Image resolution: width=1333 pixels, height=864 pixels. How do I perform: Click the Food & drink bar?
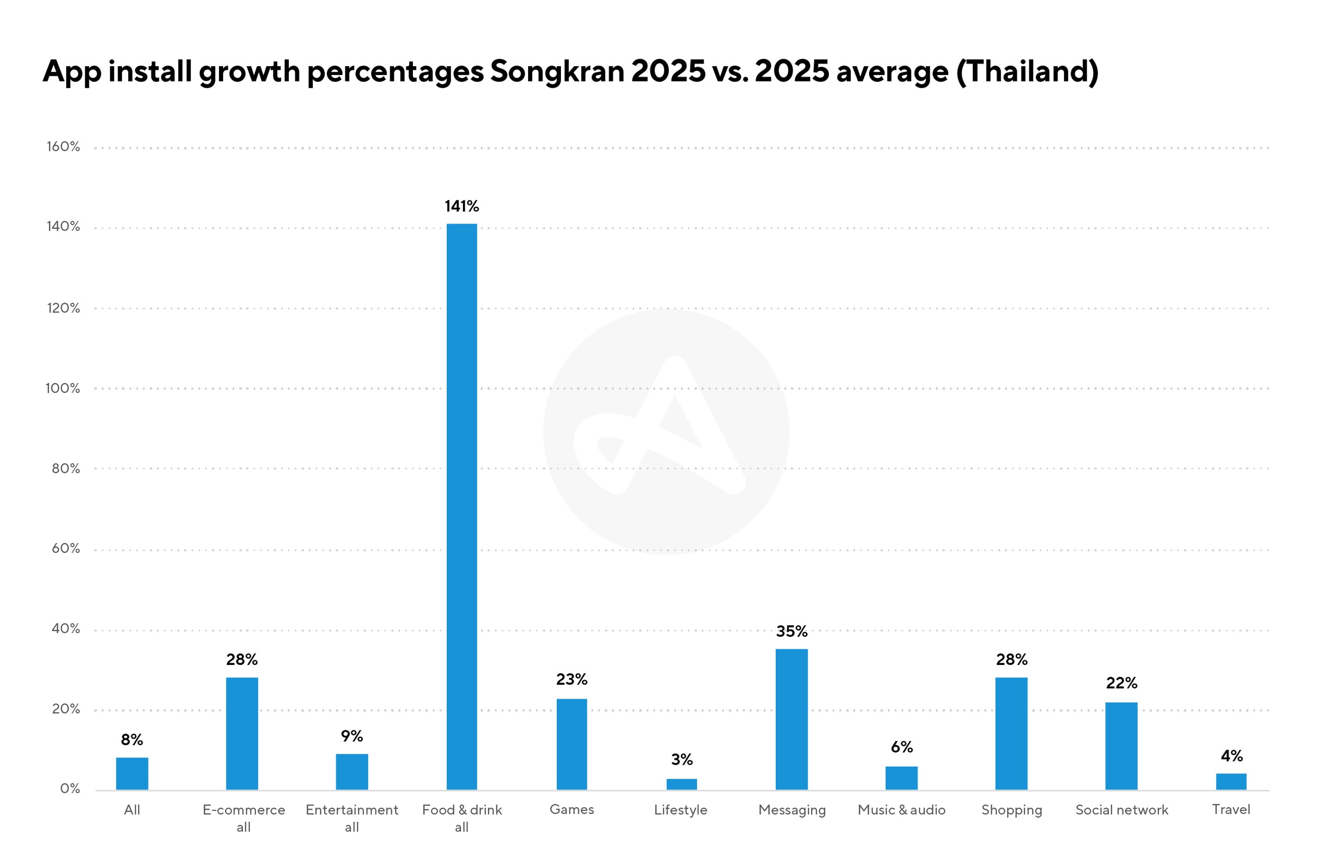(461, 507)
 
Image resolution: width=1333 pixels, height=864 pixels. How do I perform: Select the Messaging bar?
(791, 719)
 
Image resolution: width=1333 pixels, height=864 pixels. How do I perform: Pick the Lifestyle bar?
(682, 784)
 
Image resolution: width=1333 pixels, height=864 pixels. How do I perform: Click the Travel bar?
(1231, 781)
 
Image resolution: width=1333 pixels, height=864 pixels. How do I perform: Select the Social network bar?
(1121, 746)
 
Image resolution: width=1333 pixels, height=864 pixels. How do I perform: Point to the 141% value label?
(461, 206)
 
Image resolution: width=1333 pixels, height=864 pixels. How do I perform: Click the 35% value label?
(791, 632)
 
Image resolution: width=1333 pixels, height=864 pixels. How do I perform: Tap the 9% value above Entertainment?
(352, 736)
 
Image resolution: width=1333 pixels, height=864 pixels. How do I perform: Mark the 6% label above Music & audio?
(902, 747)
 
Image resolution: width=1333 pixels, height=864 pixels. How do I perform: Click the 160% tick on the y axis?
(63, 147)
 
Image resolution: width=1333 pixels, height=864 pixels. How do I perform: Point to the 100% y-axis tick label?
(63, 389)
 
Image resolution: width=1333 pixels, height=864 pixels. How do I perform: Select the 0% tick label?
(70, 789)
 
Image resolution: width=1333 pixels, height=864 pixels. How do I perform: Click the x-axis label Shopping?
(1011, 810)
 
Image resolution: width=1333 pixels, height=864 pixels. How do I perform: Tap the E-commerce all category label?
(243, 818)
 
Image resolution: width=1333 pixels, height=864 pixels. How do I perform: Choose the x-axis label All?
(132, 810)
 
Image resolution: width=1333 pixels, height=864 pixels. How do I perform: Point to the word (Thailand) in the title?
(1027, 72)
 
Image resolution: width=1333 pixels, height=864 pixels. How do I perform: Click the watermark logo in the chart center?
(666, 432)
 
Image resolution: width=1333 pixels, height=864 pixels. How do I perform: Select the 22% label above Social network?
(1121, 683)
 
